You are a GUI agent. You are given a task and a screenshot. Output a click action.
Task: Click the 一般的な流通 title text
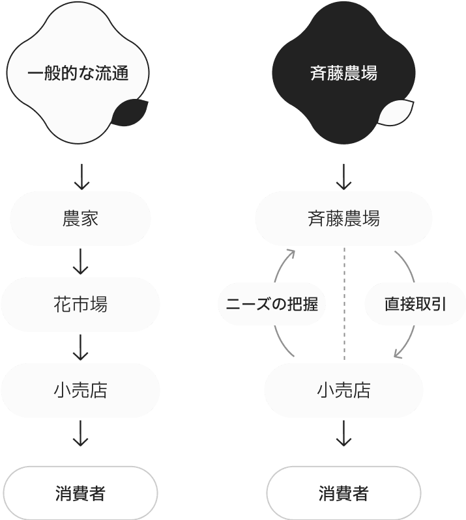tap(78, 74)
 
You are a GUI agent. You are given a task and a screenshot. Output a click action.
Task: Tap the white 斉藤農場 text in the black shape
tap(343, 74)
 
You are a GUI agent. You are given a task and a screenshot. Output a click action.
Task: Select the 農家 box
tap(80, 219)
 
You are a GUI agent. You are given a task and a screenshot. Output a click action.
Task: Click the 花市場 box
tap(80, 305)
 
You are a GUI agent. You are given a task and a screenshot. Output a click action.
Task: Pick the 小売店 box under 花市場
tap(80, 390)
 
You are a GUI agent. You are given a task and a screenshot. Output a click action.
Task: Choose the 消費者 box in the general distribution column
tap(80, 493)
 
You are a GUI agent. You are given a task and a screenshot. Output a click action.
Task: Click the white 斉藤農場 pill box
tap(343, 219)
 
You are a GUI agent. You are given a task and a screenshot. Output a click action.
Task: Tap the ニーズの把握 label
tap(271, 303)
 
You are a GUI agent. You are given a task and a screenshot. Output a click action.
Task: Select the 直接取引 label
tap(415, 303)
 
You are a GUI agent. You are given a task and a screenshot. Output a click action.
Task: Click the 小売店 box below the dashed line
tap(343, 390)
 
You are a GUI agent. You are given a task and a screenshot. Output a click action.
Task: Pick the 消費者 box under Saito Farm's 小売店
tap(343, 493)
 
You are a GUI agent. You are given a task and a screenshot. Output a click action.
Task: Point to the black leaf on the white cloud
tap(128, 113)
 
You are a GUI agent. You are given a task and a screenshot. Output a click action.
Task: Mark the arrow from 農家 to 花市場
tap(80, 261)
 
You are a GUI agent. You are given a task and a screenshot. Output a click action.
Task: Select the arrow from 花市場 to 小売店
tap(80, 347)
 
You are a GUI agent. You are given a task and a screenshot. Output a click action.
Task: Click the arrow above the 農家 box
tap(80, 176)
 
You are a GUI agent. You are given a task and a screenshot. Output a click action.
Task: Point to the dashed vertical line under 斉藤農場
tap(343, 303)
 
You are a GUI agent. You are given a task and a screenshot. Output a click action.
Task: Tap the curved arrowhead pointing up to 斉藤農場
tap(291, 253)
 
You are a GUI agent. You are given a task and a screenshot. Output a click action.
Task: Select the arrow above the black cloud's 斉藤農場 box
tap(343, 176)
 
